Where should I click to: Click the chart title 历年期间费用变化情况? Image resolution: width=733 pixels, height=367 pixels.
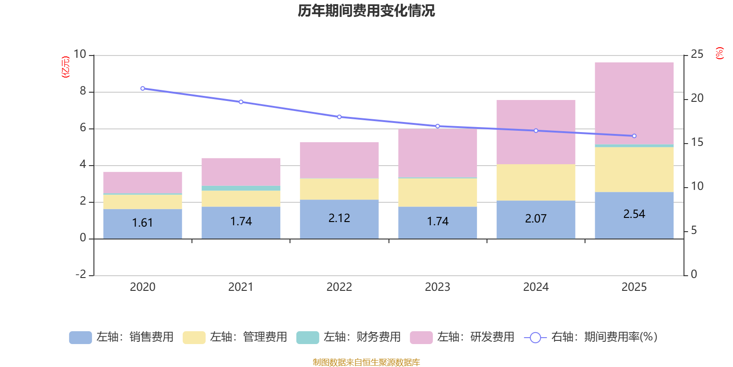coord(366,11)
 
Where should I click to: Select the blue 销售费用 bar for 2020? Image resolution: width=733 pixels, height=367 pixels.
coord(142,223)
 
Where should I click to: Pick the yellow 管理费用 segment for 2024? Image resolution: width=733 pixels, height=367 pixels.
coord(536,182)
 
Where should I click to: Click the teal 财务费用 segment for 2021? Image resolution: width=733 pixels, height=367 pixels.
coord(241,188)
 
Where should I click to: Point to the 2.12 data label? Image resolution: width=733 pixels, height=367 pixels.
coord(339,218)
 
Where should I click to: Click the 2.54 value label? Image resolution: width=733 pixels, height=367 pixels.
coord(634,214)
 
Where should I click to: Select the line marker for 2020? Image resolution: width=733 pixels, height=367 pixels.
coord(142,89)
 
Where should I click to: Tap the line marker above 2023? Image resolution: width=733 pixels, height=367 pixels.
coord(438,126)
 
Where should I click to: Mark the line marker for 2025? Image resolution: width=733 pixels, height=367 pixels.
coord(634,136)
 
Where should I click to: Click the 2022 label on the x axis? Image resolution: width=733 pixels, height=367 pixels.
coord(339,287)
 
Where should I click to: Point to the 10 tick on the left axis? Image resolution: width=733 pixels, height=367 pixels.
coord(80,54)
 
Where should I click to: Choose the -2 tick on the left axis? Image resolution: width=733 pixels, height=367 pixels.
coord(81,274)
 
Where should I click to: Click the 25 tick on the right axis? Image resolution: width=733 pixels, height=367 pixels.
coord(697,54)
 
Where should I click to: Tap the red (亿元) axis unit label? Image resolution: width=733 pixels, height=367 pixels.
coord(66,67)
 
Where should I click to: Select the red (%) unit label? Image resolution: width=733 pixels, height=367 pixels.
coord(720,53)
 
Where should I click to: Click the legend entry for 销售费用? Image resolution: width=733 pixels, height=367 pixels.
coord(121,337)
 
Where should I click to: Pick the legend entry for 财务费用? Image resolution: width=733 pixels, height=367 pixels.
coord(349,337)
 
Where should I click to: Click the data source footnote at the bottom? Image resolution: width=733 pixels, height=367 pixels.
coord(366,362)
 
